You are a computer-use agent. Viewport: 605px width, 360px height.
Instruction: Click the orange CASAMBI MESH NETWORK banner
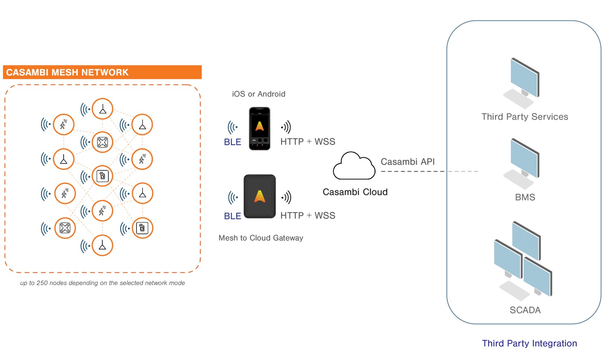point(102,72)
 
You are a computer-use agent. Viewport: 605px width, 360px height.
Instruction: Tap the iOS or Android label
point(258,94)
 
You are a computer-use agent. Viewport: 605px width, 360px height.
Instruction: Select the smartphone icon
point(260,129)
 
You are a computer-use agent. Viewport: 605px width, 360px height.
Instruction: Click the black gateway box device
point(260,196)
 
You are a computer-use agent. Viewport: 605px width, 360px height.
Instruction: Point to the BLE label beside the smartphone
point(233,142)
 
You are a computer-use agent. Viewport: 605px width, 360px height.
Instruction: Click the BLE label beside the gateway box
point(233,216)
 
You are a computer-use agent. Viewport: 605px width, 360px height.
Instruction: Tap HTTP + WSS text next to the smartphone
point(308,142)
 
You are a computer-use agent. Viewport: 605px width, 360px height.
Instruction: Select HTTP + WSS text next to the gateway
point(308,216)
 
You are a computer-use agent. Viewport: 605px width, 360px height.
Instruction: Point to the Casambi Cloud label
point(355,192)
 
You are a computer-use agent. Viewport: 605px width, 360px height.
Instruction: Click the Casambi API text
point(407,162)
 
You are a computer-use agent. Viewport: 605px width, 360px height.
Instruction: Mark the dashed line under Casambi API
point(429,172)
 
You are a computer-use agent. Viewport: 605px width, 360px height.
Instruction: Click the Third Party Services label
point(525,117)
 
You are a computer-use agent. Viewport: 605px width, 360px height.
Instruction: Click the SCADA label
point(525,310)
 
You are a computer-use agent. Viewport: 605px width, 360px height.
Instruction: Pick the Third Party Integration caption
point(529,343)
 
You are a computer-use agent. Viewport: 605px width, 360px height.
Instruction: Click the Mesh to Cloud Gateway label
point(261,238)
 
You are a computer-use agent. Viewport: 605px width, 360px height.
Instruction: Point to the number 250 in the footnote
point(42,283)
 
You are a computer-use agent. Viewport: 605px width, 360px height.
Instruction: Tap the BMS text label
point(525,197)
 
